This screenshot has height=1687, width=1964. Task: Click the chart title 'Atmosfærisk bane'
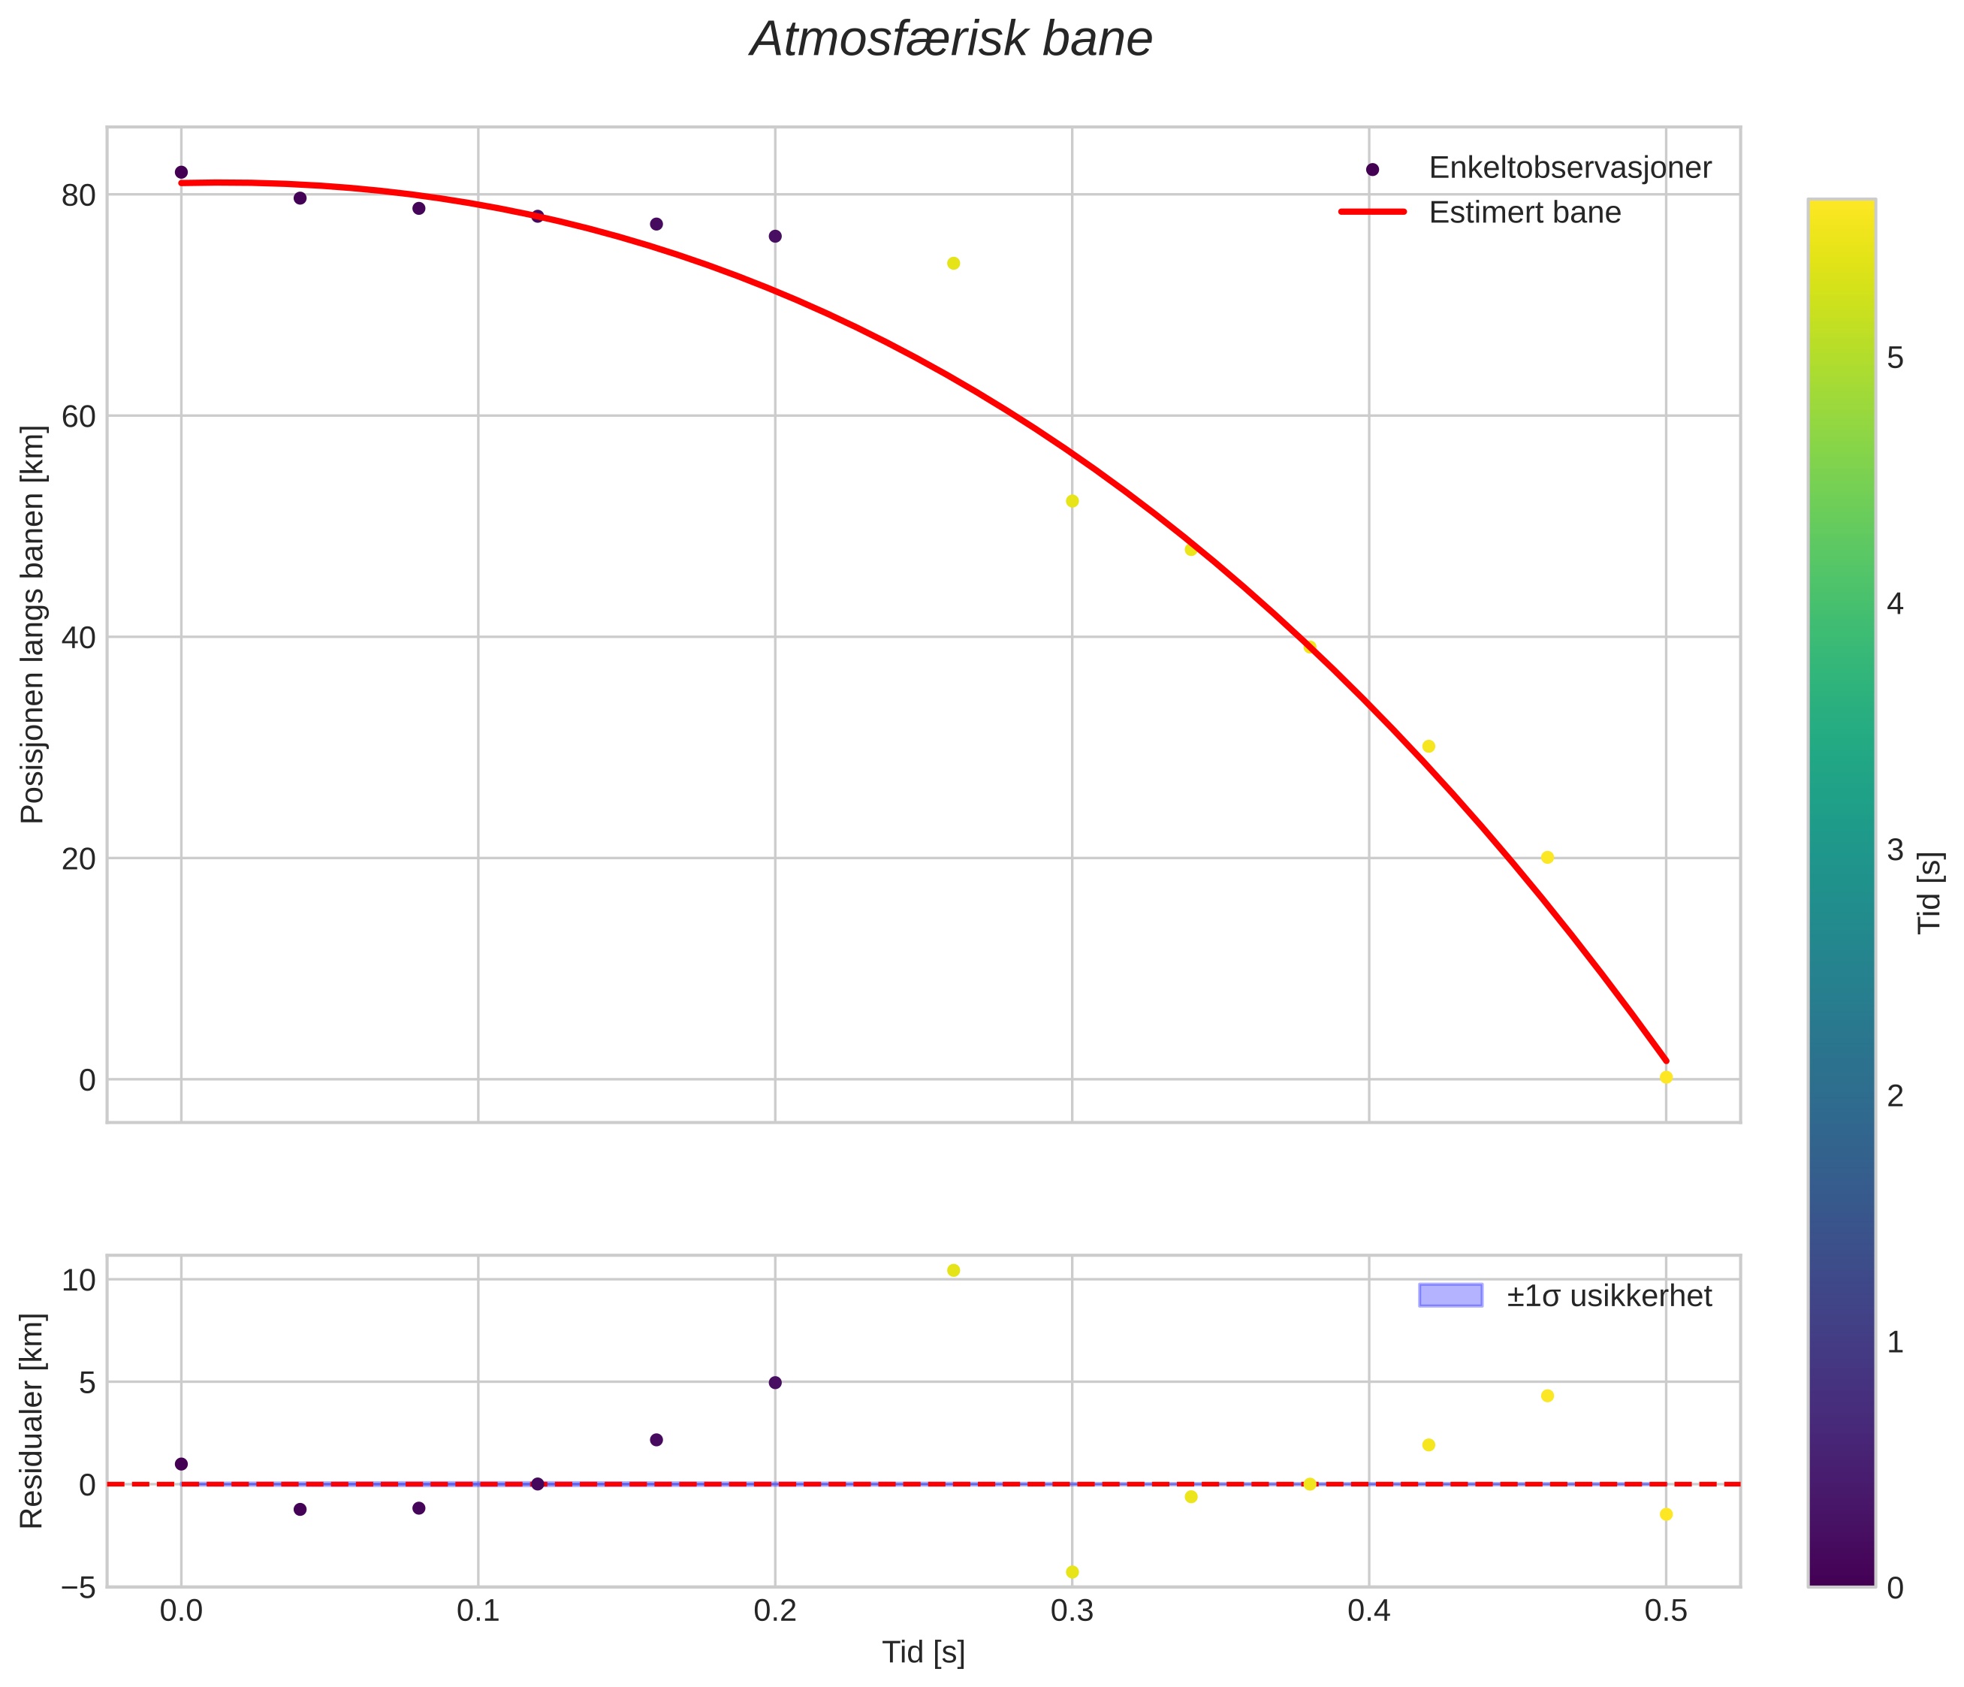(951, 41)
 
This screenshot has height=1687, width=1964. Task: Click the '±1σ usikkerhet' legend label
(1610, 1296)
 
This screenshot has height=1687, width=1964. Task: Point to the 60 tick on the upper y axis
(79, 416)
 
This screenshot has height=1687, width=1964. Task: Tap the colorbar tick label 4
(1895, 605)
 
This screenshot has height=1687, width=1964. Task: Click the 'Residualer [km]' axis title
(32, 1420)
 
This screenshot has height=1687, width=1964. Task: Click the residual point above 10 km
(954, 1270)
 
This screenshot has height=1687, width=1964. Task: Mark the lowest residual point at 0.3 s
(1072, 1572)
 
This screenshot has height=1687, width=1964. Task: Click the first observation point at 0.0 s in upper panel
(181, 171)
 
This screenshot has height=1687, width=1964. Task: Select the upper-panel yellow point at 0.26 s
(954, 263)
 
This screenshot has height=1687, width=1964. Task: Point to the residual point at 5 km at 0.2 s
(775, 1382)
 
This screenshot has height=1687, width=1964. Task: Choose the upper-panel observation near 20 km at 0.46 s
(1548, 857)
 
